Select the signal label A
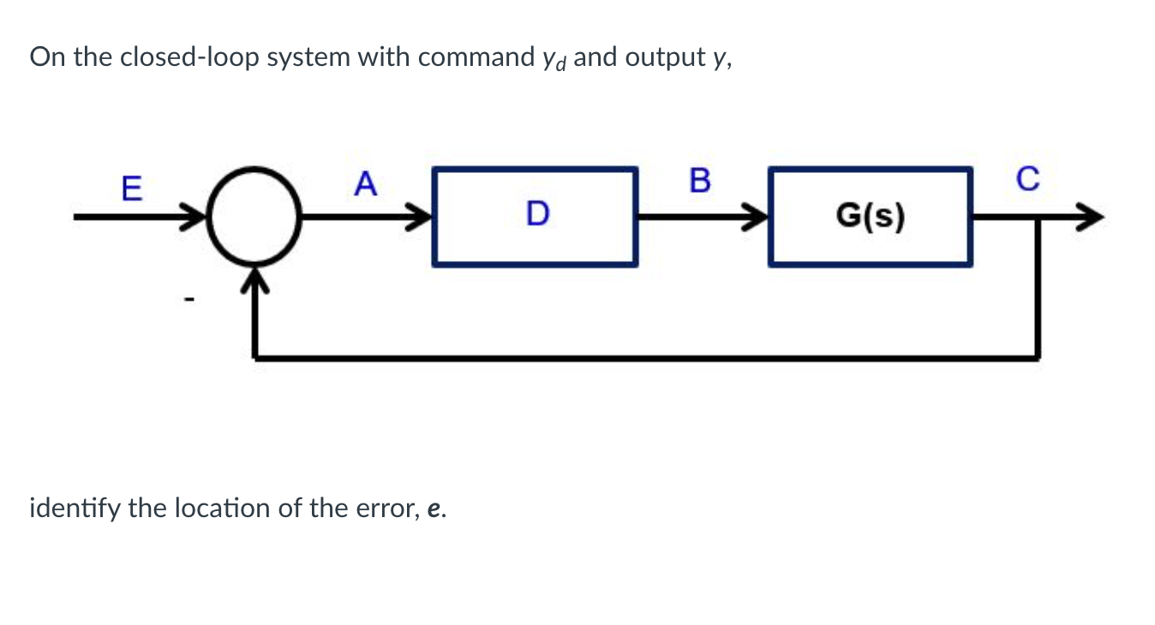tap(365, 184)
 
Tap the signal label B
tap(699, 181)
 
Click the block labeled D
tap(536, 216)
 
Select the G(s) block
tap(870, 216)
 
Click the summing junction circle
tap(254, 217)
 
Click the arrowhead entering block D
tap(421, 217)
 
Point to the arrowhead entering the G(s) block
tap(756, 217)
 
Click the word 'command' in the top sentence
tap(471, 57)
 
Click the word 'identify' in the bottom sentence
tap(75, 509)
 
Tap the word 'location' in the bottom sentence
tap(221, 509)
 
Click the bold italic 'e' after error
tap(434, 510)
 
